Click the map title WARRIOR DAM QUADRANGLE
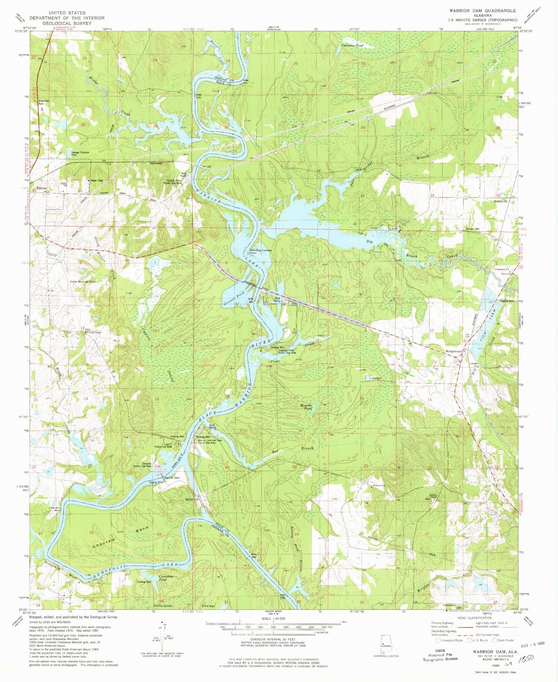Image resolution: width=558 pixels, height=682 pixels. click(482, 11)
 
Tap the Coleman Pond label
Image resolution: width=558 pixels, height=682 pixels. click(352, 45)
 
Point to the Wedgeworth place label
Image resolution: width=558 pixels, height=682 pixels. click(454, 351)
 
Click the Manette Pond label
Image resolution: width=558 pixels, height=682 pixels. click(306, 407)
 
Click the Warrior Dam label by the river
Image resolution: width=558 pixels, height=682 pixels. click(172, 477)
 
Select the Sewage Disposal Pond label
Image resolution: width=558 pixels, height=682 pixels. click(79, 153)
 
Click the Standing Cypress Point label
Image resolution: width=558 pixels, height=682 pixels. click(260, 252)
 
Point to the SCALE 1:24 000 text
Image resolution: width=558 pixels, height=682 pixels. click(273, 618)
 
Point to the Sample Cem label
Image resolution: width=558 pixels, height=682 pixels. click(473, 229)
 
